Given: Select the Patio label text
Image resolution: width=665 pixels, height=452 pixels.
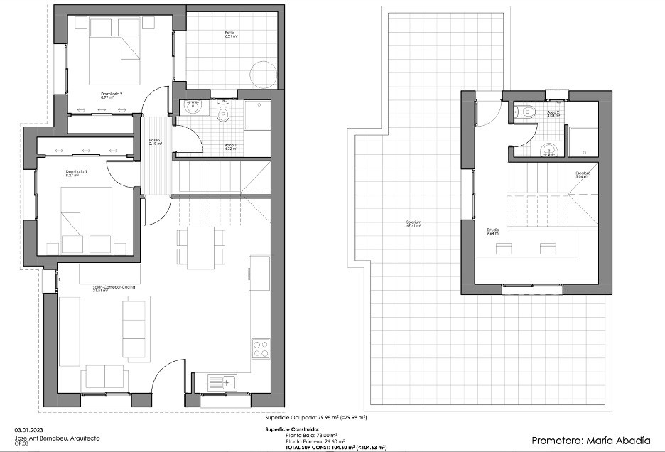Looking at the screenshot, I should (x=229, y=34).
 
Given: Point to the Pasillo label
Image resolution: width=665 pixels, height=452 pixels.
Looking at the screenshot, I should (x=154, y=141).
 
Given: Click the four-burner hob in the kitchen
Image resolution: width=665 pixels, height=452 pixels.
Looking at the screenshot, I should (x=261, y=349).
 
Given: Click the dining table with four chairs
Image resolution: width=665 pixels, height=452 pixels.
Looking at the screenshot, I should (x=200, y=247).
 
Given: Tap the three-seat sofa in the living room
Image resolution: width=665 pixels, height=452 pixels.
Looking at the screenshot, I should (x=134, y=328).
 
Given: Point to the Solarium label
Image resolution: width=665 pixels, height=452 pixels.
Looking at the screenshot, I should (x=414, y=224).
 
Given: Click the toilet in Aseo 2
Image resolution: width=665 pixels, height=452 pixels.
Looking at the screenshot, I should (x=526, y=112).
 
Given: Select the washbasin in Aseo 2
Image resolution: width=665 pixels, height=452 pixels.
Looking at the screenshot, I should (x=546, y=149).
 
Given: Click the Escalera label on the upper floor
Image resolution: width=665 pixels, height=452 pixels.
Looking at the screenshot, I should (x=583, y=175).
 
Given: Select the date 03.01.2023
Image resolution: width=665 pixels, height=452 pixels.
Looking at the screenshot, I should (x=28, y=430).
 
